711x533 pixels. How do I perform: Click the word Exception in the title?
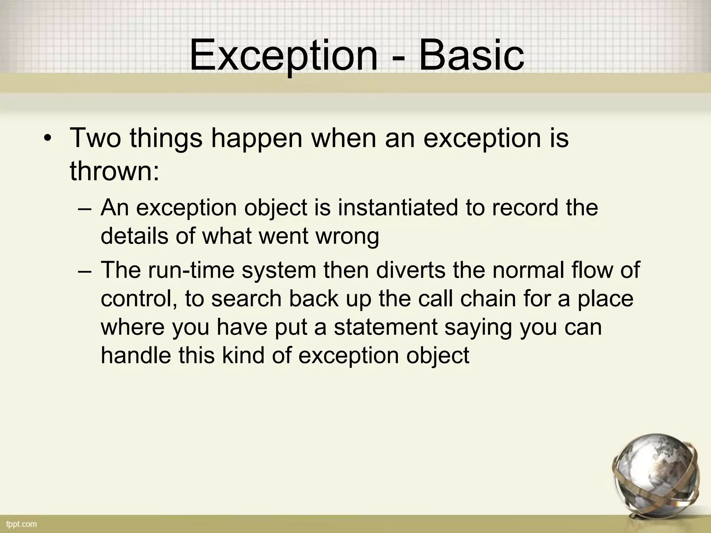pos(283,56)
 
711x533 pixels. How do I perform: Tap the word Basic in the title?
pos(471,56)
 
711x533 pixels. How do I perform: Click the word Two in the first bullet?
pos(96,138)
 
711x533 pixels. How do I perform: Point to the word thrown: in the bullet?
pos(115,171)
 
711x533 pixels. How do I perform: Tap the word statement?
pos(385,327)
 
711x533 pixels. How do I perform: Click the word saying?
pos(478,328)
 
